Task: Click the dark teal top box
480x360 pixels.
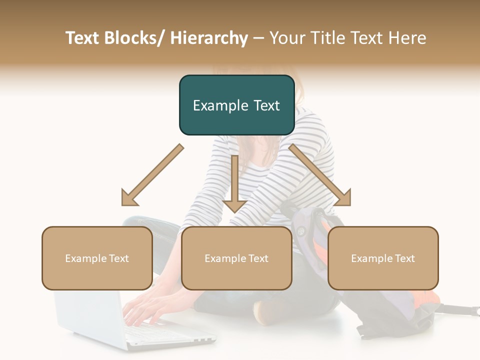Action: coord(236,105)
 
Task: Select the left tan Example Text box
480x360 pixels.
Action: coord(97,258)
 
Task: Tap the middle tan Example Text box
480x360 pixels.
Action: coord(236,258)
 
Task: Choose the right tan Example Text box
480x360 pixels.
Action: coord(383,258)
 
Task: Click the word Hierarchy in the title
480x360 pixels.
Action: coord(209,38)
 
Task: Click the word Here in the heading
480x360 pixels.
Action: coord(408,38)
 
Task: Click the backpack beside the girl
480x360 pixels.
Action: coord(395,300)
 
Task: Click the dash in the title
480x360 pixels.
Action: coord(258,38)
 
